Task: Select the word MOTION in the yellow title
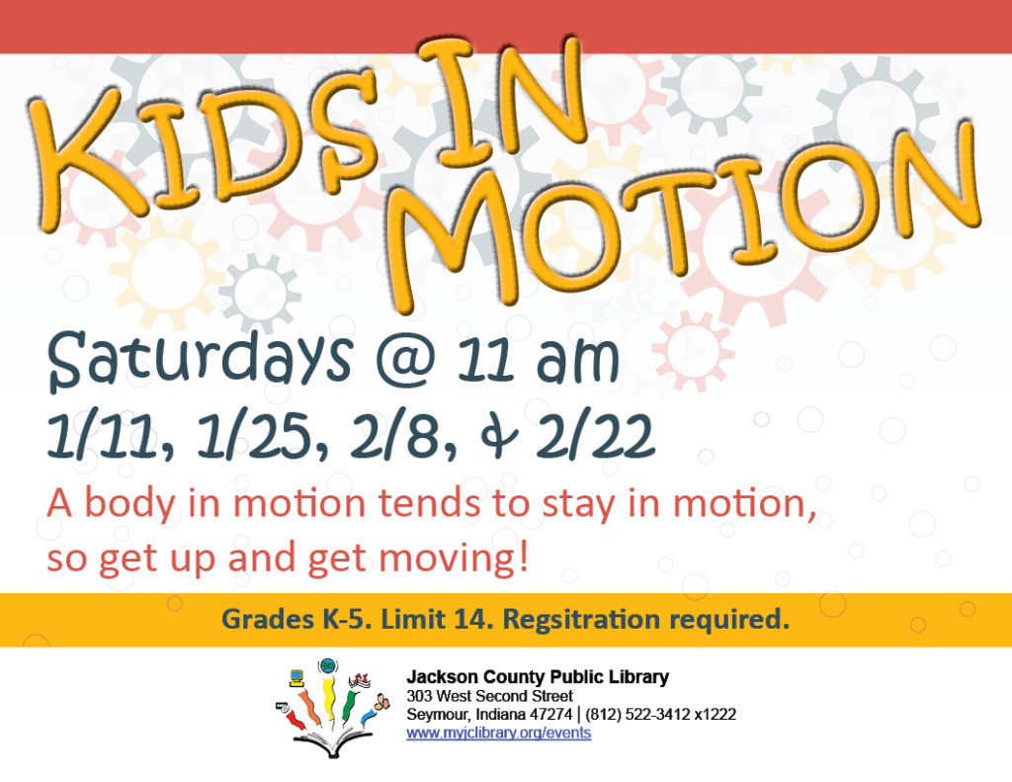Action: pyautogui.click(x=684, y=214)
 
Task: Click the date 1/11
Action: pyautogui.click(x=103, y=436)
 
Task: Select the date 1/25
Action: pyautogui.click(x=256, y=436)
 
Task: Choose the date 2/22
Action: pyautogui.click(x=594, y=436)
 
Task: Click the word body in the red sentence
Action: pyautogui.click(x=130, y=503)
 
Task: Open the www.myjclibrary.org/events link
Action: pyautogui.click(x=499, y=733)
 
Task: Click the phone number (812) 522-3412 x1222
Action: pyautogui.click(x=660, y=715)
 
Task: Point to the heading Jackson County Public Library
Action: pyautogui.click(x=538, y=677)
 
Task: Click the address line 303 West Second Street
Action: pyautogui.click(x=489, y=696)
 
